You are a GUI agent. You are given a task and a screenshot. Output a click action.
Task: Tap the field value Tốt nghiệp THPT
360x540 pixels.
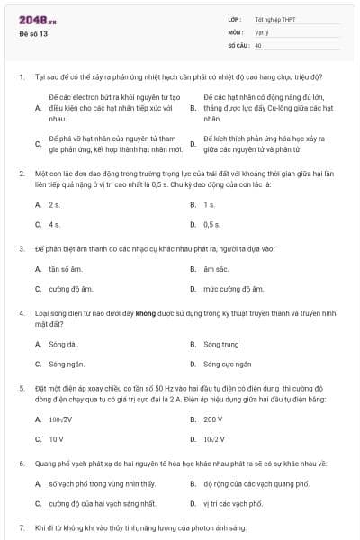click(274, 18)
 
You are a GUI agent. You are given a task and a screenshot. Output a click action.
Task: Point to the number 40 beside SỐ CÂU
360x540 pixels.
click(258, 44)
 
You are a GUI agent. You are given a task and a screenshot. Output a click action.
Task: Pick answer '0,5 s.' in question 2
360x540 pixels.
click(211, 224)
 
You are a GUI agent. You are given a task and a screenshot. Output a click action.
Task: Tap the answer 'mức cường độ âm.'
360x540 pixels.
click(233, 289)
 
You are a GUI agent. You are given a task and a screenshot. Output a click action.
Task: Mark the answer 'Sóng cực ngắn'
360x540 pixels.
click(225, 364)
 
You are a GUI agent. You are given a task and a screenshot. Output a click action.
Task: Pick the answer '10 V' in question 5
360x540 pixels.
click(56, 439)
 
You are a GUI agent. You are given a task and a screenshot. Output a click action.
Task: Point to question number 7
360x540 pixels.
click(21, 526)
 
